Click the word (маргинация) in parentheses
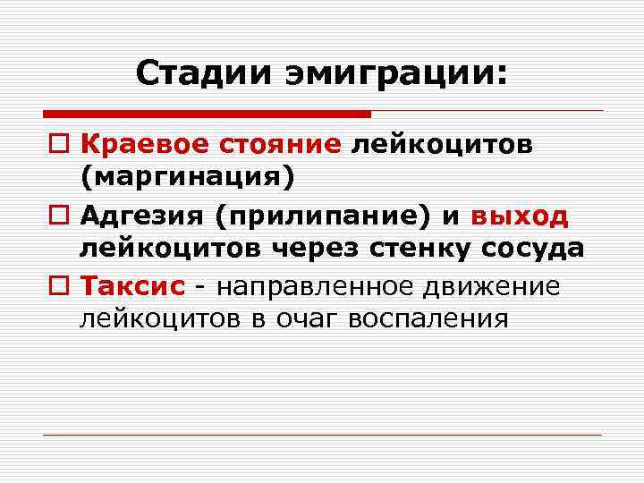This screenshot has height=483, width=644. click(187, 177)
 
